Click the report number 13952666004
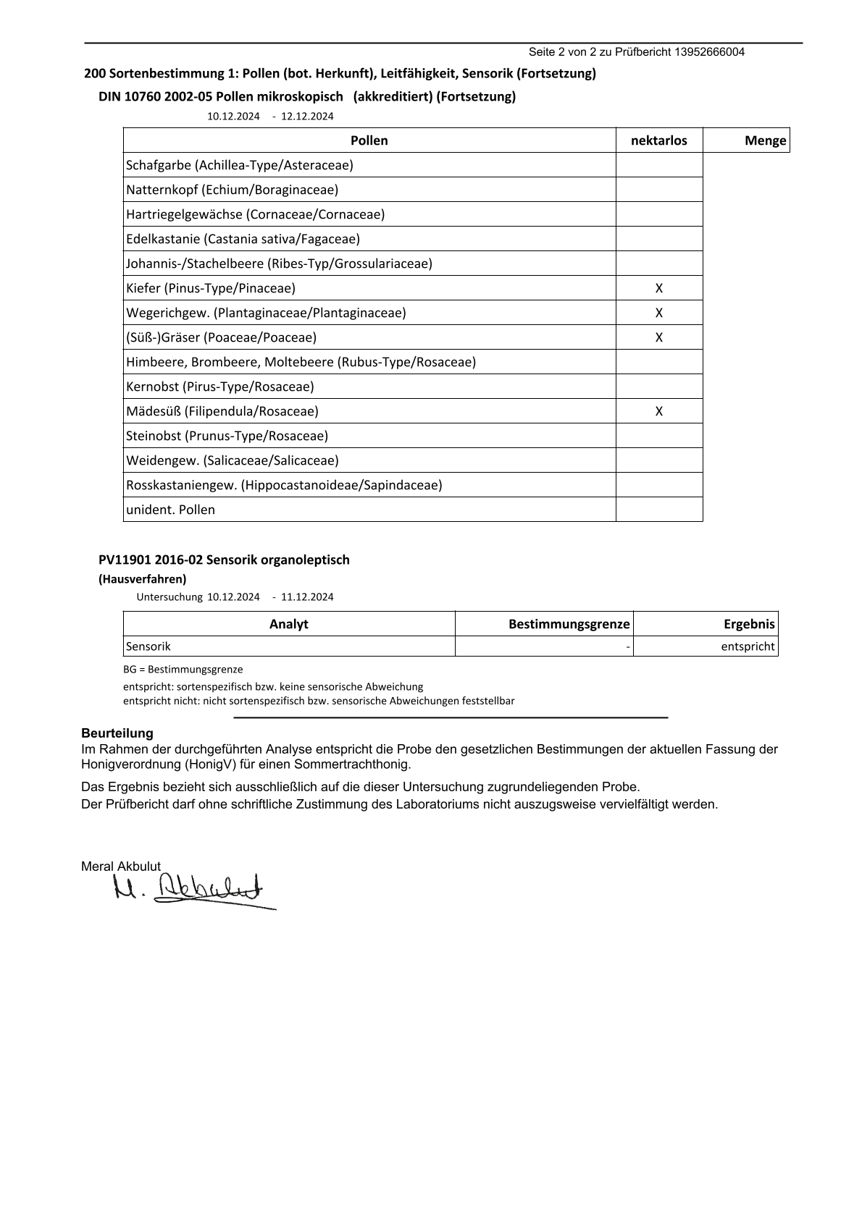(709, 52)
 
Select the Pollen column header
(369, 140)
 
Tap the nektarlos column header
(659, 140)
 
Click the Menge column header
(765, 140)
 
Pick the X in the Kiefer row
(659, 288)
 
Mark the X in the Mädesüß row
(659, 411)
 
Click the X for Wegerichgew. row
(659, 313)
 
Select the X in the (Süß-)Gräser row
(659, 337)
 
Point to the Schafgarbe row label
(240, 165)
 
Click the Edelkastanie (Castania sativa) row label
(243, 239)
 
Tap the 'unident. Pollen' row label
(170, 510)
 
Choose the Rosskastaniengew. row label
(284, 485)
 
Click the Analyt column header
(288, 624)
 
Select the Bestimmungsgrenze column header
(569, 624)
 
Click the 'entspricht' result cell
(748, 646)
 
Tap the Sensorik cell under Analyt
(148, 646)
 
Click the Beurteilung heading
(117, 733)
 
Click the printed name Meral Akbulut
(121, 866)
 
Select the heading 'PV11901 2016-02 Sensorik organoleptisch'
(224, 560)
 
